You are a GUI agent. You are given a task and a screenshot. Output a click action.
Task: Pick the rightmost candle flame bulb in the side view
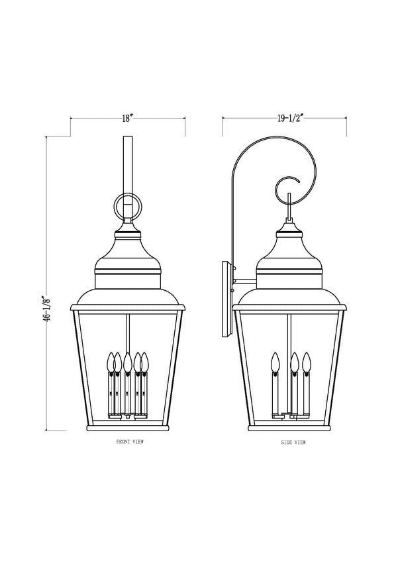[x=306, y=361]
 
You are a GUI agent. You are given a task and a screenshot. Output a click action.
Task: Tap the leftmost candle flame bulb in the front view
[x=110, y=361]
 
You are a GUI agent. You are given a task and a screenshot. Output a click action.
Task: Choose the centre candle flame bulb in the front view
[x=127, y=361]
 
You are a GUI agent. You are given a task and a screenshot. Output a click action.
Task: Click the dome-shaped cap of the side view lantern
[x=289, y=255]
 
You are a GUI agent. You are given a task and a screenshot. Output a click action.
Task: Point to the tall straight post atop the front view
[x=127, y=166]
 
